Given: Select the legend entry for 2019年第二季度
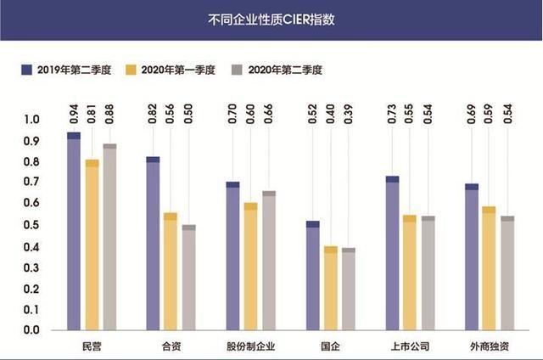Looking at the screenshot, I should (67, 69).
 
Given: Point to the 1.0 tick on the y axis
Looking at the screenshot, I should (31, 118).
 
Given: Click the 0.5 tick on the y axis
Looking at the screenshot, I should (31, 225).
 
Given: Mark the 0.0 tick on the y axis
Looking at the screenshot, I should (31, 330).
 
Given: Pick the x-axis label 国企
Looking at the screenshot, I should (330, 346).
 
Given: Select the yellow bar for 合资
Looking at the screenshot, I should (171, 272).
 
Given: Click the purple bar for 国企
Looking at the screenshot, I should (313, 275).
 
